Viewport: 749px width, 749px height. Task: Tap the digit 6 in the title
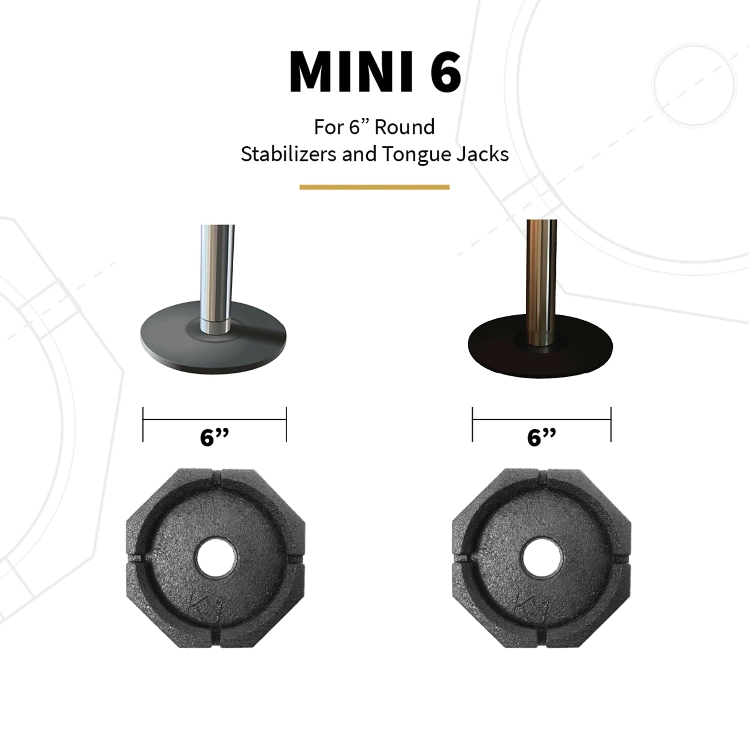[x=445, y=73]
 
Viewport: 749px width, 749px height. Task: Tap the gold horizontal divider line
[x=374, y=187]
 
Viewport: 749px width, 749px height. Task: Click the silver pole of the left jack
[x=216, y=272]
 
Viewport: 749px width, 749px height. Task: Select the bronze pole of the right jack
[x=541, y=272]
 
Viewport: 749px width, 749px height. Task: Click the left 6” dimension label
[x=214, y=437]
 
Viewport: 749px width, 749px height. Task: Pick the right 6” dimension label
[x=541, y=437]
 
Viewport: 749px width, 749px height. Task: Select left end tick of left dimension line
[x=143, y=424]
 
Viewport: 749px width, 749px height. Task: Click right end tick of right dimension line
[x=611, y=424]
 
